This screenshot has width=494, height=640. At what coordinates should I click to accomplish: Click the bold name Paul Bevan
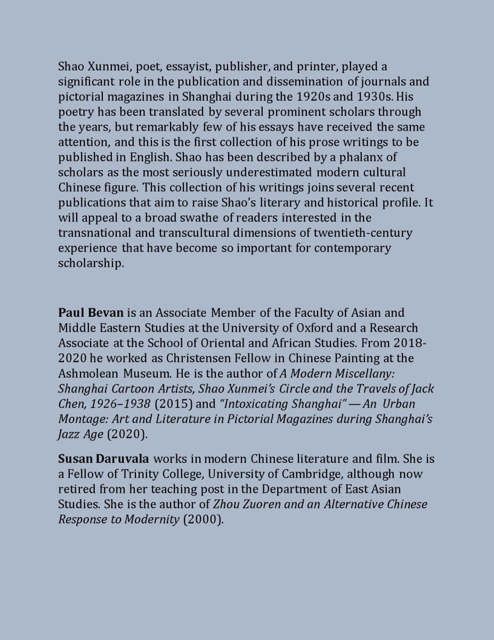pyautogui.click(x=91, y=313)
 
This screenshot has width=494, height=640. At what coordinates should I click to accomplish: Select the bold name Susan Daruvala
pyautogui.click(x=103, y=459)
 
